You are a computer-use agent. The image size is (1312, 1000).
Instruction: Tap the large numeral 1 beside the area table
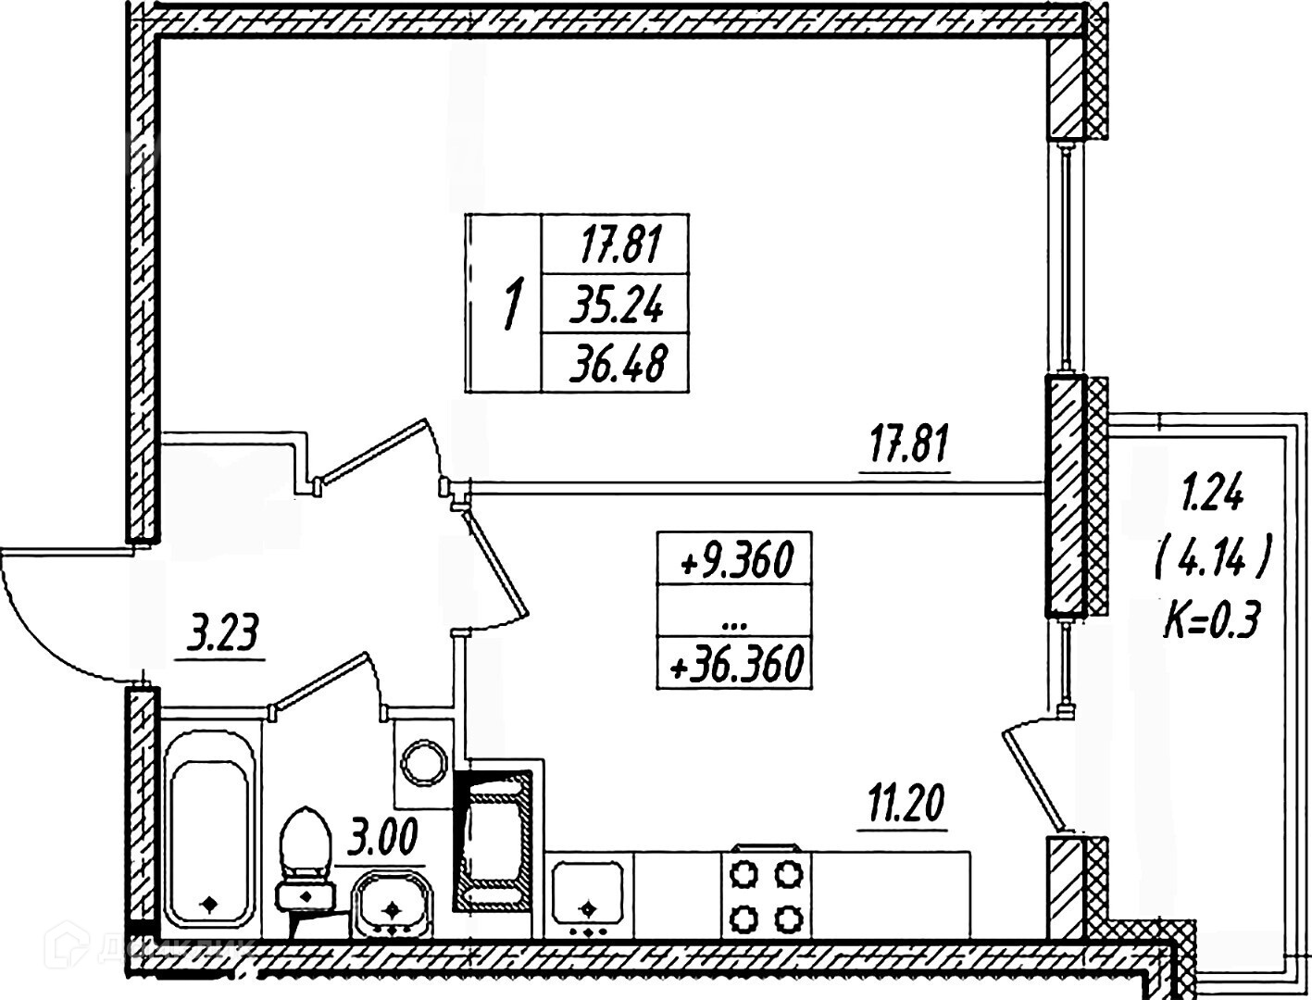click(509, 304)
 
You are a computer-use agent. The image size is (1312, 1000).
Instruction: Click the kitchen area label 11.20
click(904, 805)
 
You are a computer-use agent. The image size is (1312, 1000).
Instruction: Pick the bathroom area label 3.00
click(381, 841)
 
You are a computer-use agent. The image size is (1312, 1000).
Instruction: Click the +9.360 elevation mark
click(735, 559)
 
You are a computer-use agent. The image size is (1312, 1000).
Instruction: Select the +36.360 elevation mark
click(735, 664)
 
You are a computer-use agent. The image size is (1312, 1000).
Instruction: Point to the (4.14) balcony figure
click(1211, 558)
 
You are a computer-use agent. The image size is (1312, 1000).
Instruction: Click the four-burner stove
click(766, 894)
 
